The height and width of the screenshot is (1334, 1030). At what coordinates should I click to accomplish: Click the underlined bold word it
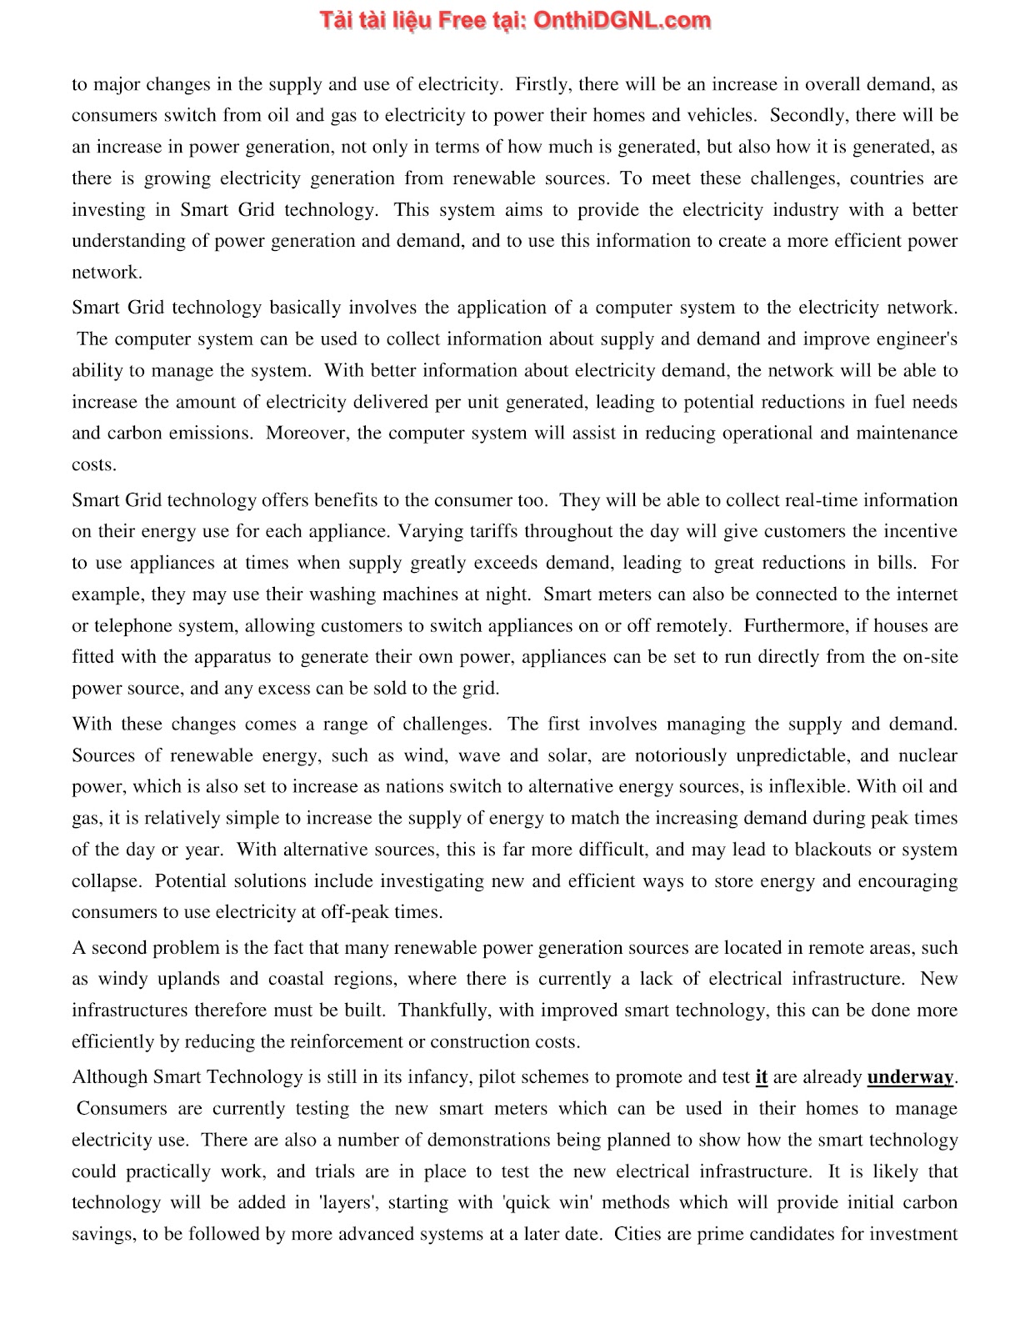pyautogui.click(x=761, y=1077)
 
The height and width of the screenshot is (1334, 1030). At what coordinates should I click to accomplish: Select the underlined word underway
pyautogui.click(x=910, y=1077)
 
